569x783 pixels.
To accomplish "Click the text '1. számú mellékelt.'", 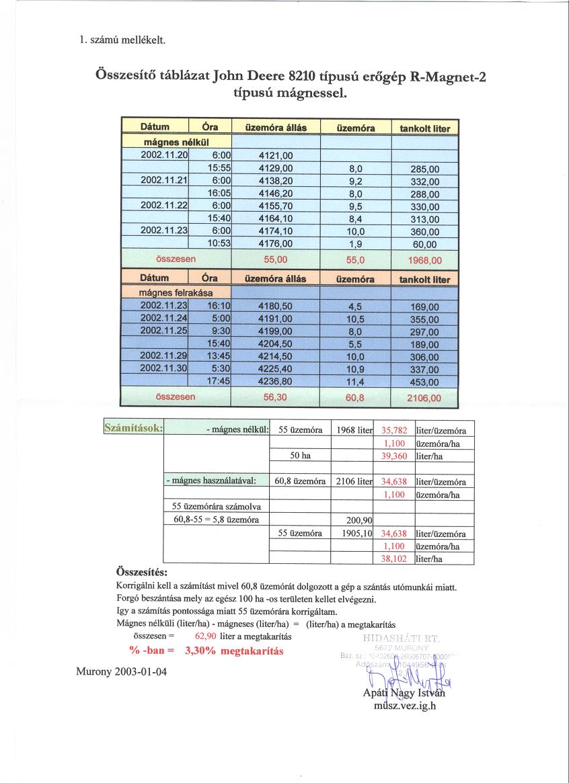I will [x=122, y=40].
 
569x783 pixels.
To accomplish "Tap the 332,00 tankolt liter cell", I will [x=424, y=181].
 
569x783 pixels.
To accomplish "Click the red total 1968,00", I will [x=424, y=259].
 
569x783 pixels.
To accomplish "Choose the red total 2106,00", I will [x=424, y=398].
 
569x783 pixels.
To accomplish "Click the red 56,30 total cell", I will [x=276, y=397].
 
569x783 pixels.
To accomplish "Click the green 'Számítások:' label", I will [x=133, y=427].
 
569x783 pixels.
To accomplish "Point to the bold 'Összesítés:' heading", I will [x=142, y=573].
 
